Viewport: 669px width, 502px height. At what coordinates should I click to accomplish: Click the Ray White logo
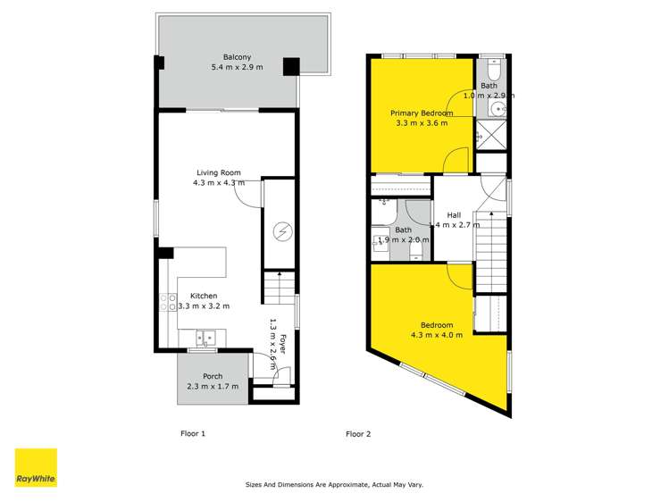pos(36,468)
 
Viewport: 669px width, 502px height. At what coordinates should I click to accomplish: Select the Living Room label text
pos(219,173)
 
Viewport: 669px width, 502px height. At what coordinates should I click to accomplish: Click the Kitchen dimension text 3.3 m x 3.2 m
pos(204,306)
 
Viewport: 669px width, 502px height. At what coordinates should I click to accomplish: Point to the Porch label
pos(213,376)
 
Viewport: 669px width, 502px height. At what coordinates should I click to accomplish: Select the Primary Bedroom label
pos(422,113)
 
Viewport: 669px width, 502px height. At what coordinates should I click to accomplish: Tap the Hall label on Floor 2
pos(454,215)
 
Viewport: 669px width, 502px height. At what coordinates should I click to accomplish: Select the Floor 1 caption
pos(193,434)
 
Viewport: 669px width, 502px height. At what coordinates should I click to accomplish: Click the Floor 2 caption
pos(358,434)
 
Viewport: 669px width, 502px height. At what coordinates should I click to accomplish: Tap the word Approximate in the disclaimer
pos(341,485)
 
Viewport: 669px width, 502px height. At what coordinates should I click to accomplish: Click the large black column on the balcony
pos(291,67)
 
